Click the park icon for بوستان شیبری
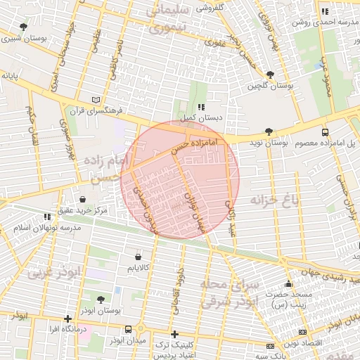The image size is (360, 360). (24, 27)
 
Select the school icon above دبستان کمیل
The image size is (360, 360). (201, 107)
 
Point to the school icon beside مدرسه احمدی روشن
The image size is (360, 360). (325, 11)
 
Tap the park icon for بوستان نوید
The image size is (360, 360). (269, 131)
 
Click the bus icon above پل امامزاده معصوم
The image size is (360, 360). (324, 132)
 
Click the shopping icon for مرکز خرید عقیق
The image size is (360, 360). (83, 200)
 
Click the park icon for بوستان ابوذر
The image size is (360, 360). (100, 299)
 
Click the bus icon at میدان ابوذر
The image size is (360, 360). (128, 329)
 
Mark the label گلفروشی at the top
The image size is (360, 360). (210, 8)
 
